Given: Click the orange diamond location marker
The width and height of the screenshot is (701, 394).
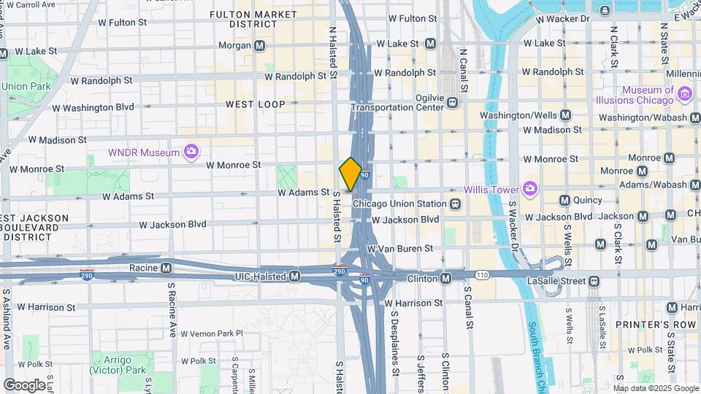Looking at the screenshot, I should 350,174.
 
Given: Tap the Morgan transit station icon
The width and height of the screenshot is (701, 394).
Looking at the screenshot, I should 261,46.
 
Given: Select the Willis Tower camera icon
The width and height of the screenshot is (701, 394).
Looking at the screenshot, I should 529,190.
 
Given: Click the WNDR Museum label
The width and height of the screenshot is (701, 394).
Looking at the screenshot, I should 144,152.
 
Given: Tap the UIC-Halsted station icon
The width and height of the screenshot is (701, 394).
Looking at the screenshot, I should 295,277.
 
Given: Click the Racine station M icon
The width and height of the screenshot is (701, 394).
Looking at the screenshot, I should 166,268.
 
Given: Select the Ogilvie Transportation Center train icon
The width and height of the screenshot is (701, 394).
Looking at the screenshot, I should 453,102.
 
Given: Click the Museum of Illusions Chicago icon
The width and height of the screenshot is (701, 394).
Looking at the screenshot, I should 684,94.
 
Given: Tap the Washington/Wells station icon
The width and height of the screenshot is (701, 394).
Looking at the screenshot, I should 565,115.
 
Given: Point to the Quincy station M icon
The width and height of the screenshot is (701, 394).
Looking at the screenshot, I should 564,200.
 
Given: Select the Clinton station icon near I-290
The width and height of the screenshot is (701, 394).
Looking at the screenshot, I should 445,278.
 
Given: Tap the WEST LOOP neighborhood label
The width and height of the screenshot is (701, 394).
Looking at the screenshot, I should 255,104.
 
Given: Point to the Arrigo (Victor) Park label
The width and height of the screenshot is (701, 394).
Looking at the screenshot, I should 112,365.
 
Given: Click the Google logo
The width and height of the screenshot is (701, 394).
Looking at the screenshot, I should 24,385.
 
